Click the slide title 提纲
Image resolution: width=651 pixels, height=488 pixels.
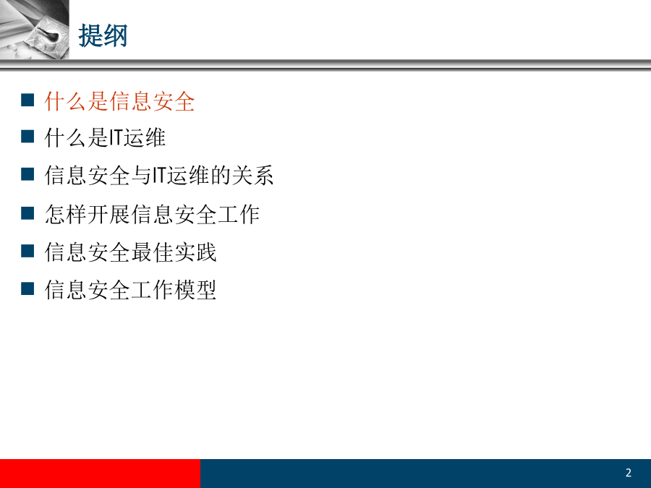[103, 35]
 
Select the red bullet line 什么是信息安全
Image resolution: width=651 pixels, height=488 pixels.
[119, 101]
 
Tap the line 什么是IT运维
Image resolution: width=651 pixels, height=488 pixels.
[105, 138]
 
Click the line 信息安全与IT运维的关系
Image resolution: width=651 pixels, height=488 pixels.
[159, 175]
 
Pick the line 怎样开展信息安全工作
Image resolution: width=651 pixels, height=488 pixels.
[152, 214]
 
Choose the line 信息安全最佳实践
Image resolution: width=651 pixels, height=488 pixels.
[130, 252]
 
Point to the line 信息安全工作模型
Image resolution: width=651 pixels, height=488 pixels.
[130, 289]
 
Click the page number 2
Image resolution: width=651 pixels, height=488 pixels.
[628, 473]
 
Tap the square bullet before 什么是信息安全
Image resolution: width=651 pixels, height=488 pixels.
[27, 100]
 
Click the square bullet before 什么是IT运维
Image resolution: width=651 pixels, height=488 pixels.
[27, 136]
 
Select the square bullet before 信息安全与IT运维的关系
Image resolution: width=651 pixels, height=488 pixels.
[27, 174]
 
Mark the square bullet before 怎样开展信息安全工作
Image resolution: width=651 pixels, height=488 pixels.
[27, 213]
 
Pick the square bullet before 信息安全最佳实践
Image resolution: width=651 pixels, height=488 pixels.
[27, 251]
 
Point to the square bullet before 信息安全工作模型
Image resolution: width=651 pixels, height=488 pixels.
[27, 288]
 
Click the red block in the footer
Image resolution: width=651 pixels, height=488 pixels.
[100, 474]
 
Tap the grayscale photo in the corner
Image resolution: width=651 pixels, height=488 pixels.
[35, 30]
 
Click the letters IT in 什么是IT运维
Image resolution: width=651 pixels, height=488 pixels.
[116, 138]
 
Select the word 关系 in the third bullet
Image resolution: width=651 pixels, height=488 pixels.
[252, 175]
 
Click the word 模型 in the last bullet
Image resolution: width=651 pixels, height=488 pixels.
[195, 289]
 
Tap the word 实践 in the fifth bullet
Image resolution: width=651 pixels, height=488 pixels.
[195, 252]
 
